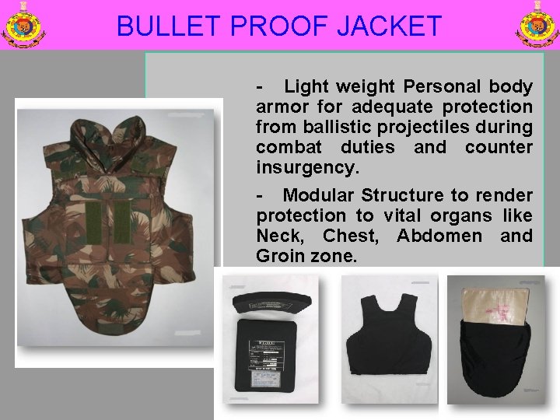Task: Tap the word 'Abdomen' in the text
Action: click(429, 236)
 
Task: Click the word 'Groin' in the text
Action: click(281, 255)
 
